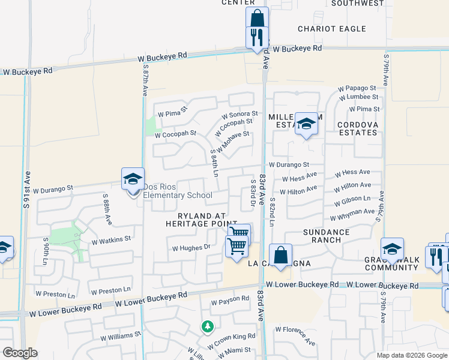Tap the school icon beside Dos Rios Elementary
pos(133,179)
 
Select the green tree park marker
pos(208,326)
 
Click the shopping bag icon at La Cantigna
pos(280,254)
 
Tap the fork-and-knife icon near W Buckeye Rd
pos(257,37)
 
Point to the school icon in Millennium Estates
pos(306,124)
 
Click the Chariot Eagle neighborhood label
pos(332,29)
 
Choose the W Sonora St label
pos(240,113)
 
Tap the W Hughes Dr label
pos(191,247)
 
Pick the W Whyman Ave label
pos(352,214)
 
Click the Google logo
pos(20,352)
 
